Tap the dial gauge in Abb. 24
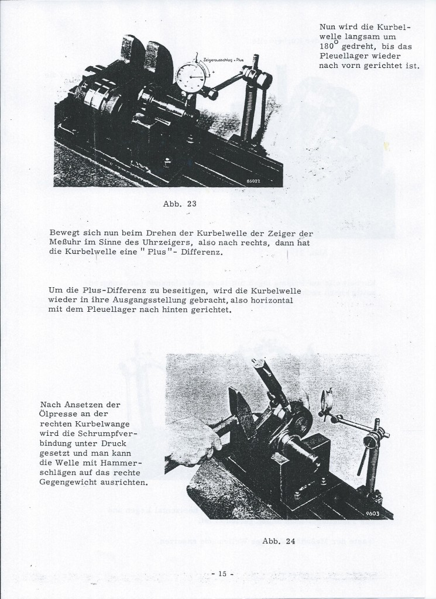pos(328,401)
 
